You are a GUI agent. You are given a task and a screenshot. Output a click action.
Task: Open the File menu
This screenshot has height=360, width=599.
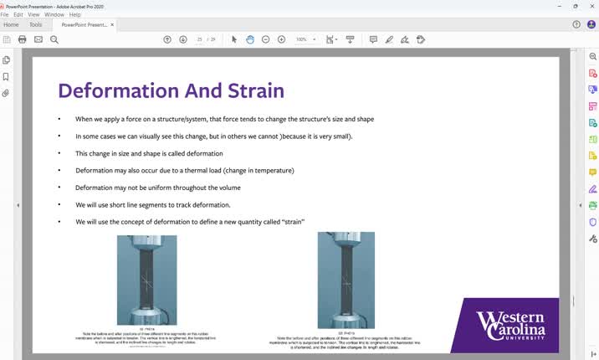(x=4, y=14)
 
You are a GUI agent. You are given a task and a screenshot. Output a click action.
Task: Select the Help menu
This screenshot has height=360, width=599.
(x=75, y=14)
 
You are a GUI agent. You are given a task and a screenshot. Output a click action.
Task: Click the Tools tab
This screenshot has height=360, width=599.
(x=36, y=25)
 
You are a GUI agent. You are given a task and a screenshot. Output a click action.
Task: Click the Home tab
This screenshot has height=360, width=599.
(x=11, y=25)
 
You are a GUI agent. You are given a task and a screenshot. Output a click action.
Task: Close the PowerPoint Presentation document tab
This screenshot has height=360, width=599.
(x=112, y=25)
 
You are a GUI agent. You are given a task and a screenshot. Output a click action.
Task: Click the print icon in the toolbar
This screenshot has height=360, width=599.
(x=22, y=39)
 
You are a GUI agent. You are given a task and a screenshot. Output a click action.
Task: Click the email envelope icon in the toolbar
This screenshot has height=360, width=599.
(x=38, y=39)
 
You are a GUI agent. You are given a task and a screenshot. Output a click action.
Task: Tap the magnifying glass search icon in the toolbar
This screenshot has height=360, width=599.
(x=54, y=39)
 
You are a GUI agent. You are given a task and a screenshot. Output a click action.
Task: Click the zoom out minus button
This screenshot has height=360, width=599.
(x=265, y=39)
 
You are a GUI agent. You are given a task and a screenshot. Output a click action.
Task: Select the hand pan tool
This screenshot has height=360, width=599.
(x=249, y=39)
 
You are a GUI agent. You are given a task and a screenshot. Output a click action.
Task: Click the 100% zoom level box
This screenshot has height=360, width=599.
(x=302, y=39)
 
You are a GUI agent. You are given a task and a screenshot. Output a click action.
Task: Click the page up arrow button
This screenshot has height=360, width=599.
(x=167, y=39)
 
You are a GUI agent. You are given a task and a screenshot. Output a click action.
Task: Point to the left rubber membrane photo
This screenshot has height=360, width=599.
(x=146, y=280)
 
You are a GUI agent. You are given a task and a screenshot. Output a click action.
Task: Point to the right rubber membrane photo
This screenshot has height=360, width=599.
(x=346, y=280)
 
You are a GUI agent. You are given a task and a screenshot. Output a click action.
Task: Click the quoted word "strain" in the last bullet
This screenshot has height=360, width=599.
(x=291, y=222)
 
